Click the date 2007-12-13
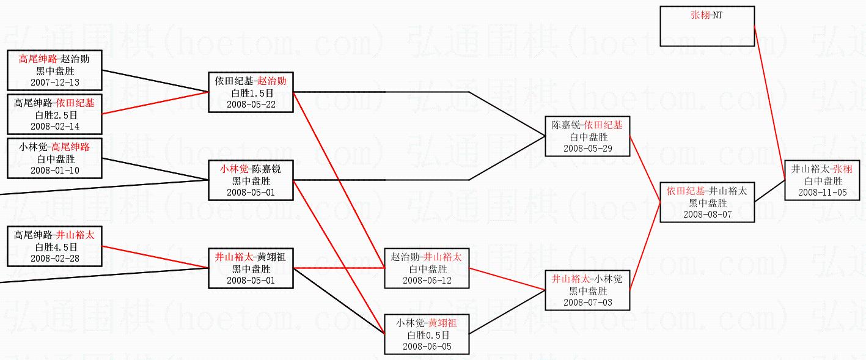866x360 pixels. (x=54, y=82)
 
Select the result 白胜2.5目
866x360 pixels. (x=54, y=115)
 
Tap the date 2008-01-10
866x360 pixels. (x=54, y=170)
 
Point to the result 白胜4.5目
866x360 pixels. (x=54, y=247)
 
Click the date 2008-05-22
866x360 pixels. (x=251, y=104)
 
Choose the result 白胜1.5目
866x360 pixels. (x=251, y=93)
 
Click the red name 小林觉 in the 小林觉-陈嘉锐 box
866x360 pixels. (x=234, y=169)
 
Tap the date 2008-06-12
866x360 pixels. (x=427, y=280)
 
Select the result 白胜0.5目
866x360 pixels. (x=427, y=335)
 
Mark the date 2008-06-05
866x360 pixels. (x=427, y=346)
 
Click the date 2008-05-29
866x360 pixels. (x=587, y=148)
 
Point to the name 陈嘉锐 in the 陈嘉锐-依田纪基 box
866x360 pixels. (x=566, y=125)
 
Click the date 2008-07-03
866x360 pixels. (x=587, y=302)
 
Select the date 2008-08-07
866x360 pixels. (x=707, y=214)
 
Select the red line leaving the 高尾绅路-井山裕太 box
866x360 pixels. (x=153, y=257)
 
